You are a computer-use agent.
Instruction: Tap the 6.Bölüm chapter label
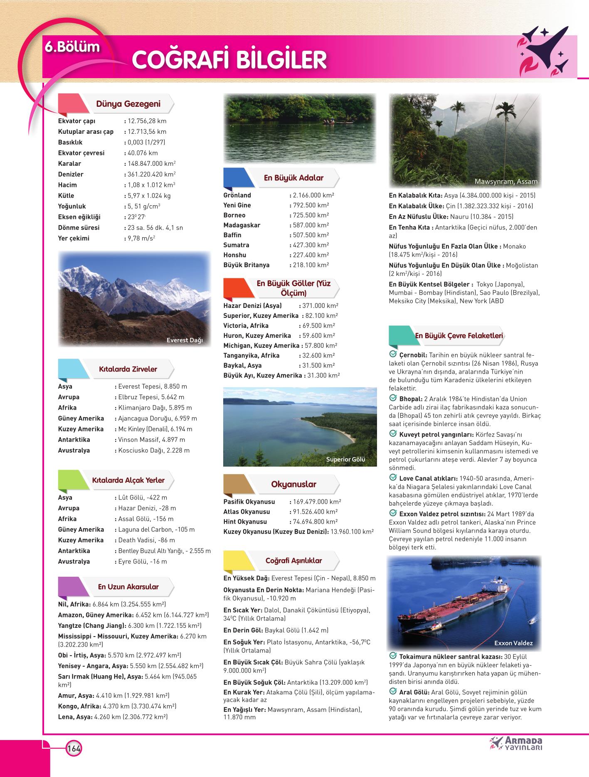[72, 47]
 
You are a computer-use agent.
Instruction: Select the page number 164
[74, 748]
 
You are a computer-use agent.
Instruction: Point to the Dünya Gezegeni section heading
[128, 104]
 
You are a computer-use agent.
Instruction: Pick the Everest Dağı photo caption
[184, 340]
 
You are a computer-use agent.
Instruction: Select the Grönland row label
[237, 195]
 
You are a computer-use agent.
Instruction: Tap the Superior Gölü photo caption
[345, 460]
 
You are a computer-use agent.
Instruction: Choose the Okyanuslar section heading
[293, 484]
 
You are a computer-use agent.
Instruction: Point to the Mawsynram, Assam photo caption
[506, 182]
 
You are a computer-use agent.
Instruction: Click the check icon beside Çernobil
[393, 354]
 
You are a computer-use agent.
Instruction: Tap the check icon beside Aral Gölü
[393, 691]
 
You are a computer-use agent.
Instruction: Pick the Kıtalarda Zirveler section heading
[128, 369]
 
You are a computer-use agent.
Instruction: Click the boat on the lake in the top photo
[334, 122]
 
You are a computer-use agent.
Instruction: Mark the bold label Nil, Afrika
[75, 604]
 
